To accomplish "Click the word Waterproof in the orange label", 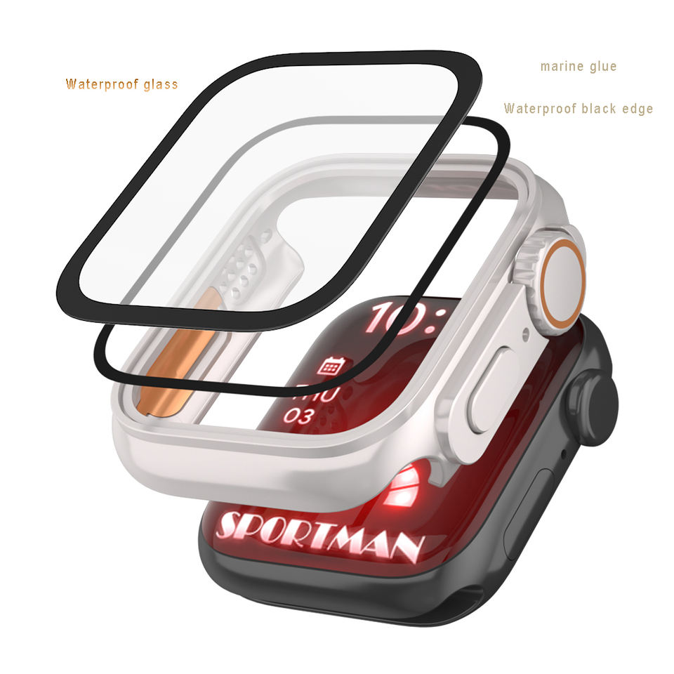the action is tap(101, 84).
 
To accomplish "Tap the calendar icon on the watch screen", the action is tap(330, 366).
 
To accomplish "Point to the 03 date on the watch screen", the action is tap(299, 416).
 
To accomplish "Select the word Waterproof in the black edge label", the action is tap(539, 108).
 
